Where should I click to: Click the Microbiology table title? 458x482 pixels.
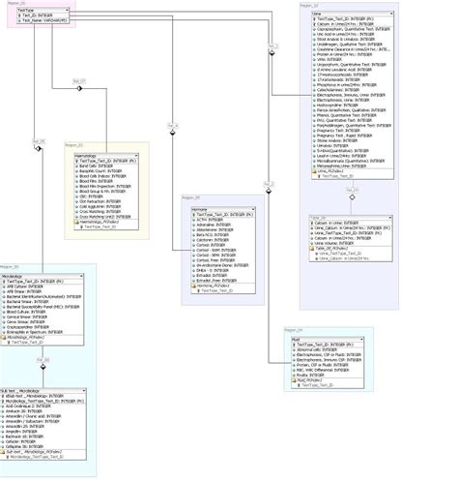23,274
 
